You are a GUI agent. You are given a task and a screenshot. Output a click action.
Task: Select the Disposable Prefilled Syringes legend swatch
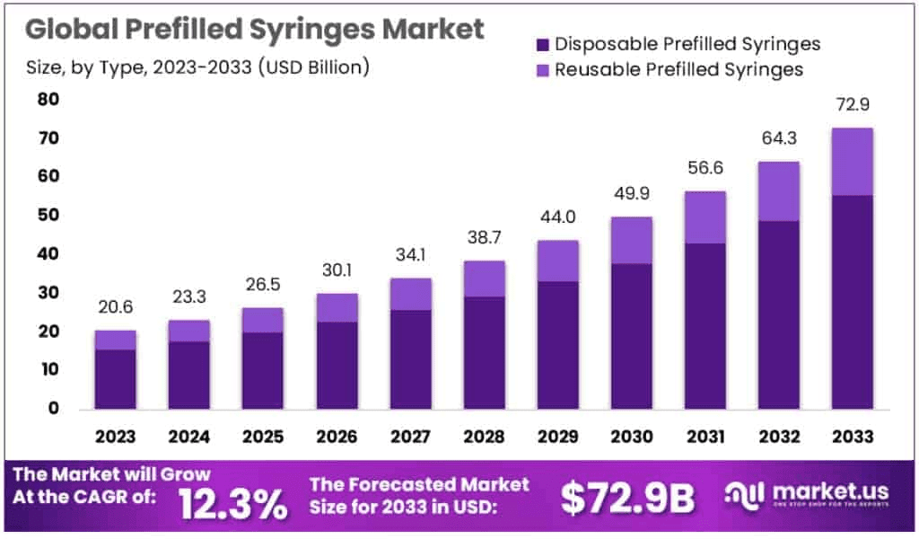(541, 44)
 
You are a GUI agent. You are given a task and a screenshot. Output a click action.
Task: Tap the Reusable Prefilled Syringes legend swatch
(541, 70)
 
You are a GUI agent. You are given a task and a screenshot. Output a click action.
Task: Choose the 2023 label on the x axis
(115, 437)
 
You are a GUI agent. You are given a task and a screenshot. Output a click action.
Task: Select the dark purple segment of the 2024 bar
(188, 375)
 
